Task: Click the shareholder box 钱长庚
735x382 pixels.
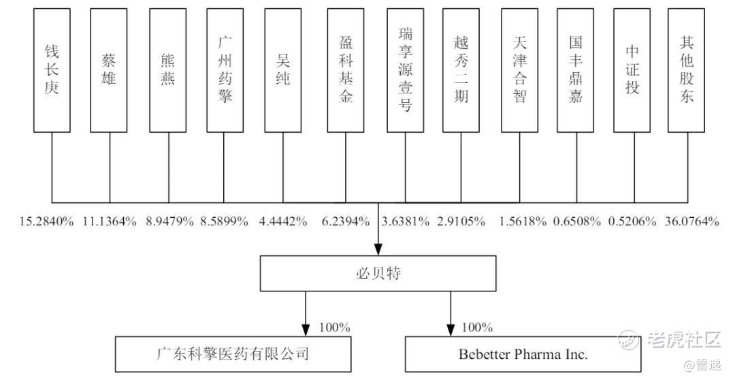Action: pos(52,70)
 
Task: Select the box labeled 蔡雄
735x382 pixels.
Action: pos(110,70)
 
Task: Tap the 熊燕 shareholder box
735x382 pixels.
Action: pos(168,70)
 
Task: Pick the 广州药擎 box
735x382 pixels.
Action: pos(225,70)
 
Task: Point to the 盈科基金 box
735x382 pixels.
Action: pos(346,70)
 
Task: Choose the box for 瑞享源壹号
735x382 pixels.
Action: pos(405,70)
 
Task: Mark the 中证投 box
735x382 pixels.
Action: pos(633,70)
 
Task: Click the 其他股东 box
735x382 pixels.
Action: pos(686,70)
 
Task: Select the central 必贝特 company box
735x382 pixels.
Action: pos(378,274)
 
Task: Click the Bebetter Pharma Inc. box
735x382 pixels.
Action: pos(523,354)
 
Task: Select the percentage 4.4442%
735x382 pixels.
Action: pos(283,221)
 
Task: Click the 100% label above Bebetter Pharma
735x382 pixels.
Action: pos(477,328)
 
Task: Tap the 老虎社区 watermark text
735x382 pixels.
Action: pos(683,338)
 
